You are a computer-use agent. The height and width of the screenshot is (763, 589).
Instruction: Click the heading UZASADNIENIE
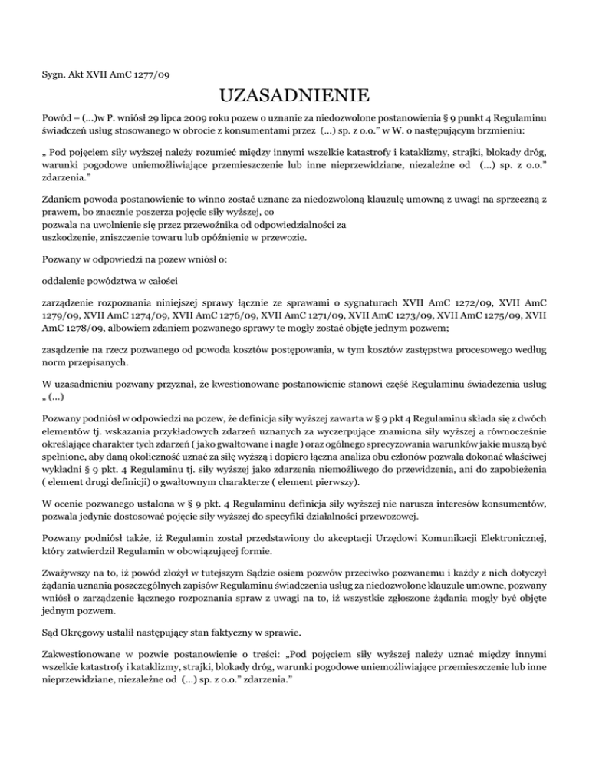[x=294, y=97]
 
